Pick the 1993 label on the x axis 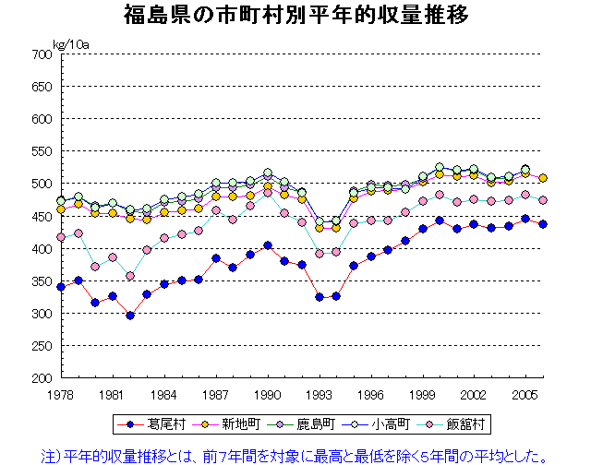(320, 394)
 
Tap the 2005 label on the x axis (526, 394)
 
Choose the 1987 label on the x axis (216, 394)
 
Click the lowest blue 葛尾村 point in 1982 (130, 316)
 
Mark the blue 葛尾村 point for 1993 (320, 297)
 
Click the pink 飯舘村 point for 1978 (61, 237)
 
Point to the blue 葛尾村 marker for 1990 (268, 245)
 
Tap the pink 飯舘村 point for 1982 (130, 276)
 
